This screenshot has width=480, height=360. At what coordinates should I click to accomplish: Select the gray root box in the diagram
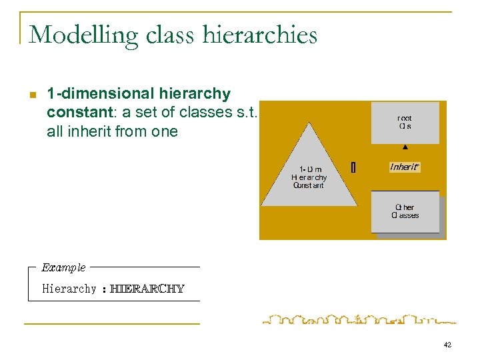coord(405,123)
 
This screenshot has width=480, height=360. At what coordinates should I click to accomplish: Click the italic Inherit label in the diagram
coord(404,167)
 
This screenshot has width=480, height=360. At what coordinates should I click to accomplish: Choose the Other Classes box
coord(405,211)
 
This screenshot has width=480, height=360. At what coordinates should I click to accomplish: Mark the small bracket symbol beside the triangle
coord(353,168)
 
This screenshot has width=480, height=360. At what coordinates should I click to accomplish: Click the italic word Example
coord(63,267)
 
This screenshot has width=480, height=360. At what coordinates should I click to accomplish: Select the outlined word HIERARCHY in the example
coord(147,289)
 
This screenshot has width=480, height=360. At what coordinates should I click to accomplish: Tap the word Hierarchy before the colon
coord(69,289)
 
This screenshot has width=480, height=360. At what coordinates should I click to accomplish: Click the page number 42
coord(447,345)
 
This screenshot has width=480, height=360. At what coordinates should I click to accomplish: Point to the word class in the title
coord(176,35)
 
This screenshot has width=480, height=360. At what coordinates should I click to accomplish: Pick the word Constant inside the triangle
coord(308,185)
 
